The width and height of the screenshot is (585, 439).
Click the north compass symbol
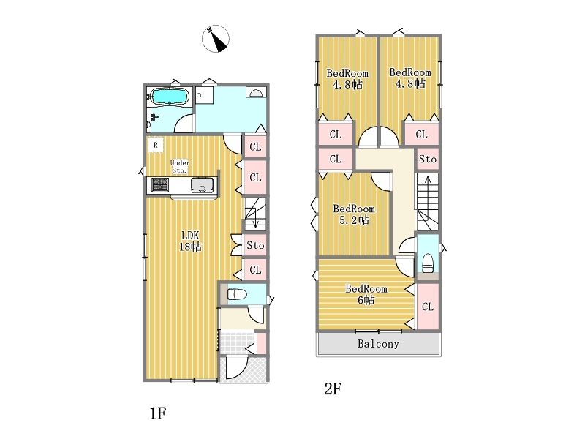coord(216,39)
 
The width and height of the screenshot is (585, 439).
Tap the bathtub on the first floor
coord(170,97)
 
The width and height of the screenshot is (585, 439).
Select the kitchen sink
coord(203,185)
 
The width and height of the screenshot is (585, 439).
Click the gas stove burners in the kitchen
coord(160,185)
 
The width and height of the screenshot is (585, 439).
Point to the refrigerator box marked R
coord(156,145)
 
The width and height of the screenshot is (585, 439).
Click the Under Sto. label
coord(180,167)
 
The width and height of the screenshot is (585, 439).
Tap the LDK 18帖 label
coord(190,241)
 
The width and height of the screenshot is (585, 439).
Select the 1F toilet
coord(237,294)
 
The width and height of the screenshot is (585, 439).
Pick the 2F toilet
coord(428,263)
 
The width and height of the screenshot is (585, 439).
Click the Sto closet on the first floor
coord(255,245)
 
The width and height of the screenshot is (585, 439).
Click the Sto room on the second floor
coord(428,160)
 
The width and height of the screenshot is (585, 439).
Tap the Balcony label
coord(378,344)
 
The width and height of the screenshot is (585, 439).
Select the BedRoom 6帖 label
coord(366,295)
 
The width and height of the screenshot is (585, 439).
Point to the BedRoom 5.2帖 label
coord(354,214)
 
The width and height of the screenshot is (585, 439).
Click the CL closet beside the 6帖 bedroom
coord(428,307)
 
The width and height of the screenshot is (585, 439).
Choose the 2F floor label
coord(333,389)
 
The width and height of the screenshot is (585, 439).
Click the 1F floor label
coord(158,413)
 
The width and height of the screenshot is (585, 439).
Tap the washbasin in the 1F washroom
coord(256,93)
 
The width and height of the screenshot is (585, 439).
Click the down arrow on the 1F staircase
coord(255,218)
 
